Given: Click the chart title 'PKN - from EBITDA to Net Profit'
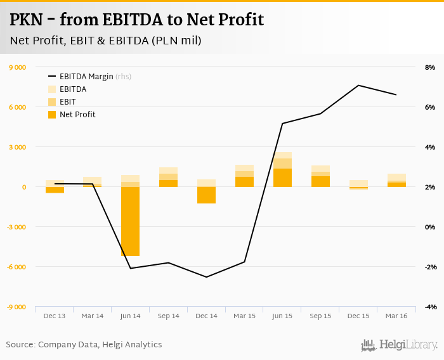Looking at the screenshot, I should [136, 20].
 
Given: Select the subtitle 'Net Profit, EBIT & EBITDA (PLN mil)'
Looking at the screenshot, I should [106, 41].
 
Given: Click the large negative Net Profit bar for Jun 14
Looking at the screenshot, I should [131, 221].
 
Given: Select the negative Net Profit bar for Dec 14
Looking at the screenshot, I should [206, 195].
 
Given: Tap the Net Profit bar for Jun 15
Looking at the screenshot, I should [282, 178].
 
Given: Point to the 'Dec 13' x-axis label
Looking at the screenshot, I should [55, 316].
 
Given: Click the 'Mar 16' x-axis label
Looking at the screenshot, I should [396, 316].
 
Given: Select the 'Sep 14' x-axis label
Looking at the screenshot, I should [168, 316].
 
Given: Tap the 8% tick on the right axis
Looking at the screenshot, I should [429, 67].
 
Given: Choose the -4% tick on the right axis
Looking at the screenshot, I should [429, 307].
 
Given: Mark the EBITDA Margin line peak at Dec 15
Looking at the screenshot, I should [358, 85].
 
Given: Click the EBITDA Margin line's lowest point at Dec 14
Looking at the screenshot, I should [206, 277].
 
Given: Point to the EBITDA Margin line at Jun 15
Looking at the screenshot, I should [282, 123].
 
